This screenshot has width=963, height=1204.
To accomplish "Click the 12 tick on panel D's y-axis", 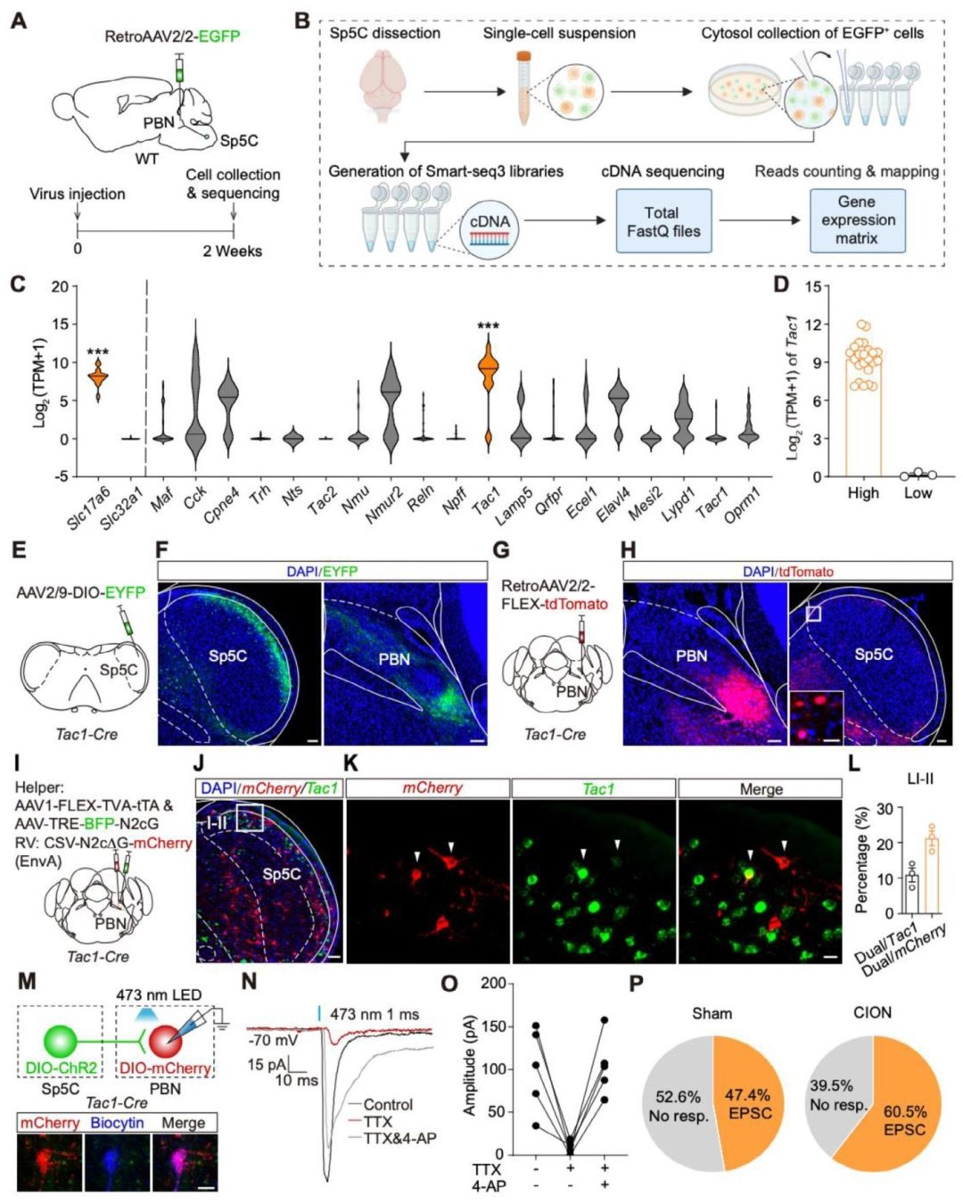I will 812,324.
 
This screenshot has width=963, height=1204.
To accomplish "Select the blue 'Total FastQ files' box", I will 663,222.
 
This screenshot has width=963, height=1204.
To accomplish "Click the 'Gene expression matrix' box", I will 857,220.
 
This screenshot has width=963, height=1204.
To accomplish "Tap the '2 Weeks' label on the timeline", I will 232,251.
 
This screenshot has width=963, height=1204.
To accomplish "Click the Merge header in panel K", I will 761,789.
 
